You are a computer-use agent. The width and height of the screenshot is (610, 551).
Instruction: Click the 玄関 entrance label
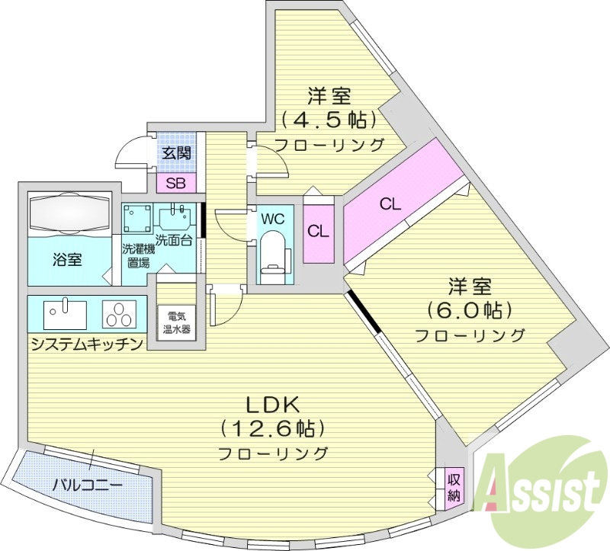176,152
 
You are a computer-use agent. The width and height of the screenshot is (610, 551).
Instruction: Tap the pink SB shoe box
175,183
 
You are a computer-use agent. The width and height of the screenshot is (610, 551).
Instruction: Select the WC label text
273,219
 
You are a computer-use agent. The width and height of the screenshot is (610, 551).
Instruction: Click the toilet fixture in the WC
272,255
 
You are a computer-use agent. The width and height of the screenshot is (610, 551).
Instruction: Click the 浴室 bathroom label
67,259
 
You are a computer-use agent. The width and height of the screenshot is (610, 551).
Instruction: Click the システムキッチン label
87,344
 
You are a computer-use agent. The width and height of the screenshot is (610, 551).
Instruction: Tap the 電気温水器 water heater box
177,324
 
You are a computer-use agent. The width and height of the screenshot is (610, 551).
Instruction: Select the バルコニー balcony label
87,485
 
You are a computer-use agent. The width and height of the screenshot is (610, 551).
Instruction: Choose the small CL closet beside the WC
319,231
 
